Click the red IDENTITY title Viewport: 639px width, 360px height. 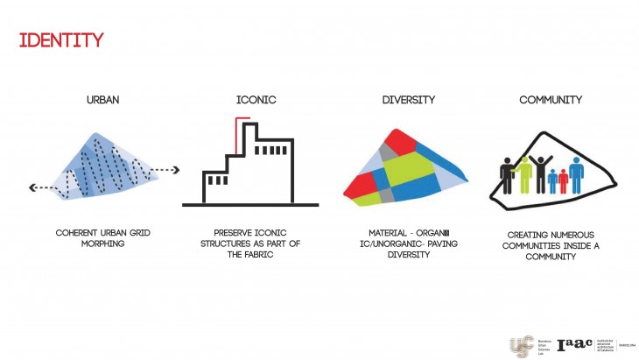coord(61,40)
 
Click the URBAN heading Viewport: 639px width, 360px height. coord(102,100)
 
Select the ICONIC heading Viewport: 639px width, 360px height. coord(256,100)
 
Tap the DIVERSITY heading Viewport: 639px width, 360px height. coord(408,100)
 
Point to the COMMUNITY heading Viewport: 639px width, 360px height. coord(550,100)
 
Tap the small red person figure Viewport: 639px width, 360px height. coord(563,180)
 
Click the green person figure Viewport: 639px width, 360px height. coord(524,175)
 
